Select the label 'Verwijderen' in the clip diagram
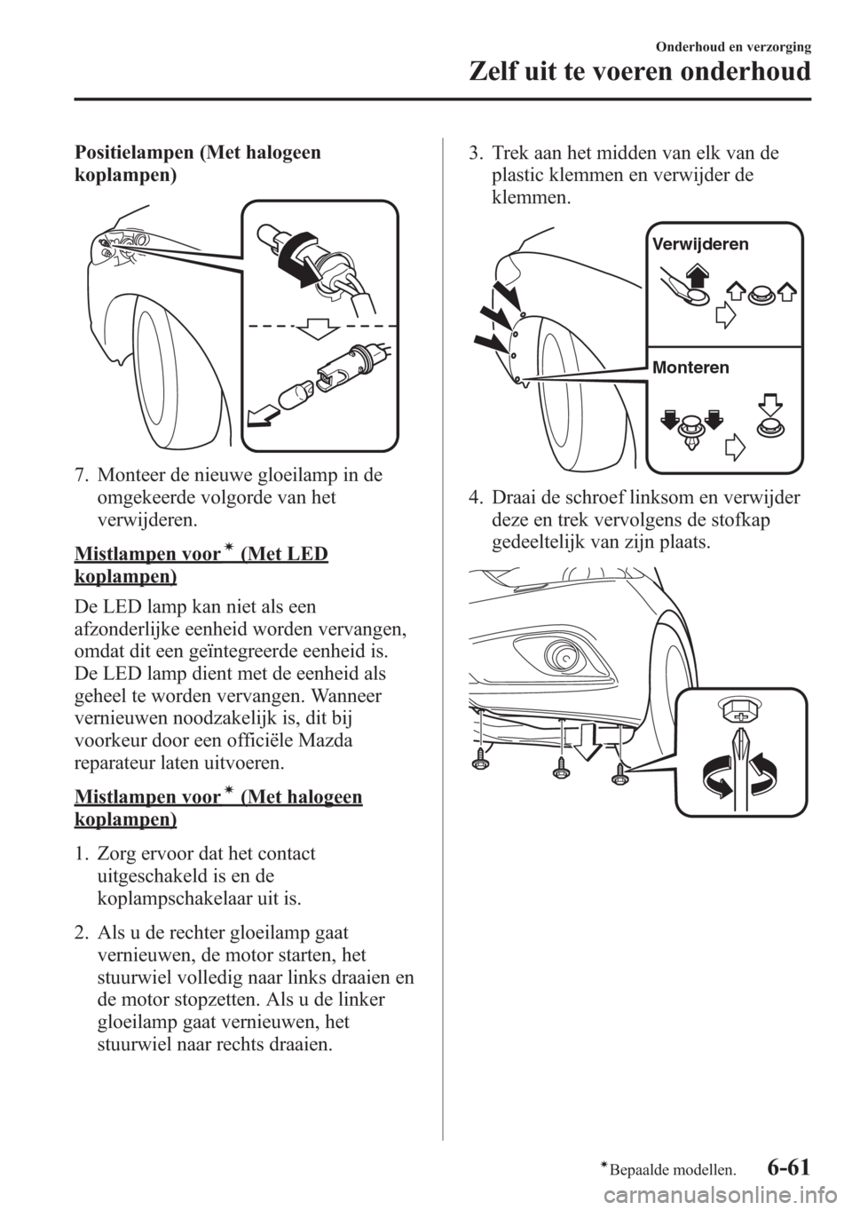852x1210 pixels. coord(699,244)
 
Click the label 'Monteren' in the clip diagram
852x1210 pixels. coord(690,368)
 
